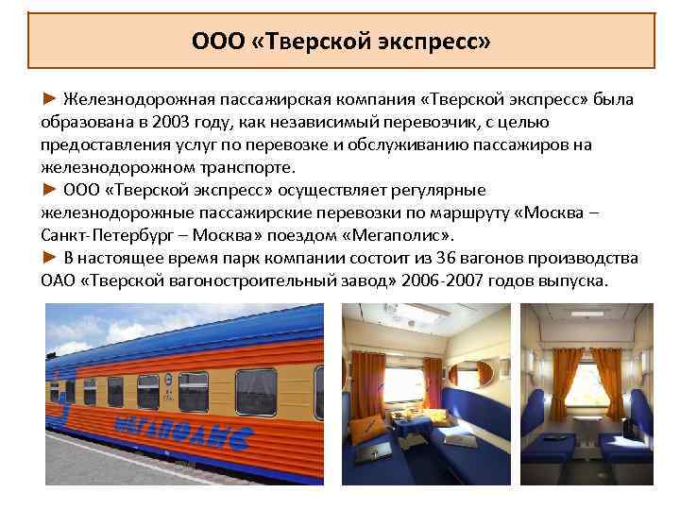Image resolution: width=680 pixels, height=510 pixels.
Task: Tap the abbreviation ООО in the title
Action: (x=212, y=42)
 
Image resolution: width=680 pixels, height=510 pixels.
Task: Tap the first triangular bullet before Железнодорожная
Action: (x=48, y=100)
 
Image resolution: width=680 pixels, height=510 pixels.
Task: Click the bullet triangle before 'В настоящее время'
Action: (x=48, y=258)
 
